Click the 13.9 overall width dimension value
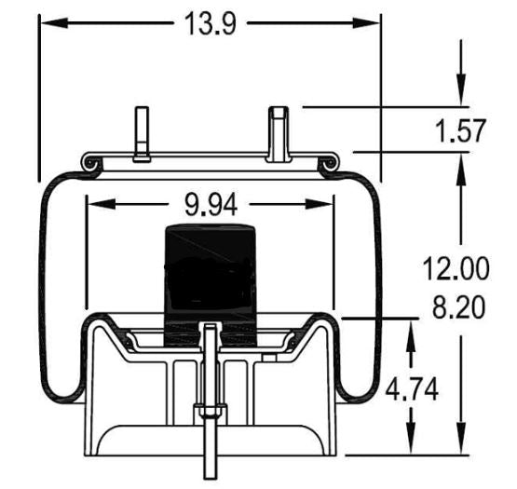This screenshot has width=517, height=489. (x=210, y=24)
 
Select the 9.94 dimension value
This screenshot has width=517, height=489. (x=210, y=205)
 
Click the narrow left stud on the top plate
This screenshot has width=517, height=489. (x=141, y=132)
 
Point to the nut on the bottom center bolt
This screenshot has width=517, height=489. (x=210, y=413)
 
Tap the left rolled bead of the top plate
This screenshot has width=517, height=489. (x=90, y=164)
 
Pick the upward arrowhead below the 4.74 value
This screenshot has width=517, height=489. (x=412, y=445)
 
